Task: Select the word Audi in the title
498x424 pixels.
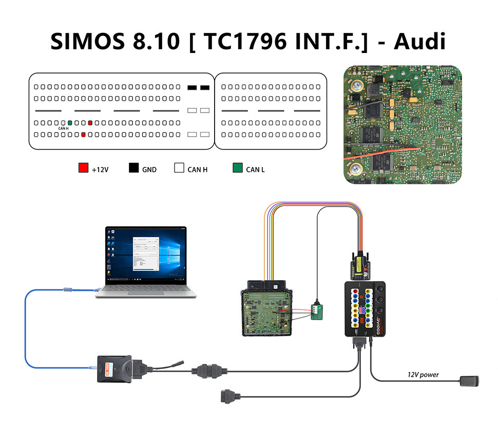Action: (419, 41)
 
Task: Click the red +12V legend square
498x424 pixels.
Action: (83, 168)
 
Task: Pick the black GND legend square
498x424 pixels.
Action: (134, 168)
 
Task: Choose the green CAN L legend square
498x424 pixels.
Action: (237, 168)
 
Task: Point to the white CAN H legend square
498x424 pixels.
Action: (179, 168)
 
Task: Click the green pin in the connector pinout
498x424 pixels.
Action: (70, 123)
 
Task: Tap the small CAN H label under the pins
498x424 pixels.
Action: (64, 128)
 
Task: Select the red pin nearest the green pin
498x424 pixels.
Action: (90, 123)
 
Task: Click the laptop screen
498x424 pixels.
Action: (146, 254)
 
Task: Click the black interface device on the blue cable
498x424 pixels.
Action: (114, 368)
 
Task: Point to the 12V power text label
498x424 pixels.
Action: (423, 375)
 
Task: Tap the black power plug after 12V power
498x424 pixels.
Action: (469, 381)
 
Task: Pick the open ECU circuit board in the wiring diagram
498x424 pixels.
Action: (267, 313)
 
